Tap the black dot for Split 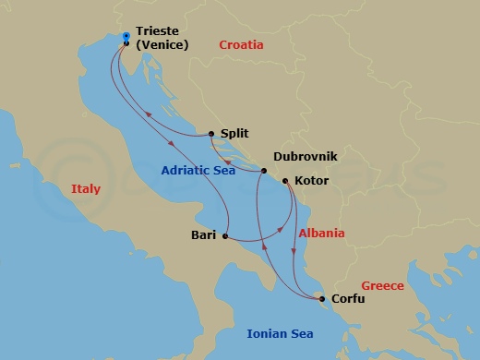coord(211,133)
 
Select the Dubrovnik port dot coord(264,172)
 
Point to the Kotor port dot coord(285,181)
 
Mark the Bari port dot coord(225,236)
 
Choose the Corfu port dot coord(321,299)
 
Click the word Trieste coord(159,30)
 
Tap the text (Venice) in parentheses coord(162,44)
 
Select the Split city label coord(234,133)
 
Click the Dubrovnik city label coord(306,158)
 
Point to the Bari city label coord(203,235)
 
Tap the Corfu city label coord(348,299)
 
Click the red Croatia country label coord(241,44)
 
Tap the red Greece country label coord(382,285)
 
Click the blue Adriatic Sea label coord(198,170)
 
